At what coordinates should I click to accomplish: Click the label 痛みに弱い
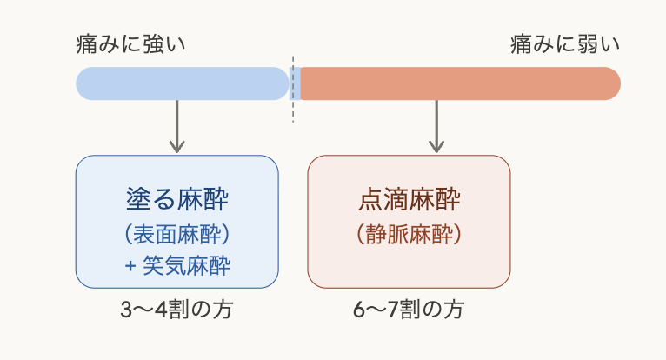tap(565, 43)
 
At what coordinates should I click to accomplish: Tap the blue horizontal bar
tap(183, 83)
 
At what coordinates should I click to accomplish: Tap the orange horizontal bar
tap(459, 83)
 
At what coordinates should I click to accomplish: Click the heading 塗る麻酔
tap(177, 200)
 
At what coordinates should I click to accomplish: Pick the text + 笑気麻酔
tap(177, 265)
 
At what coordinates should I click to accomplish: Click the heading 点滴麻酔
tap(409, 200)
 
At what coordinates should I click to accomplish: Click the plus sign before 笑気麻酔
tap(130, 265)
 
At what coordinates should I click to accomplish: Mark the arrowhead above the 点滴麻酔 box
tap(436, 146)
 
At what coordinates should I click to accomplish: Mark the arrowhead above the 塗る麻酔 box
tap(177, 146)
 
